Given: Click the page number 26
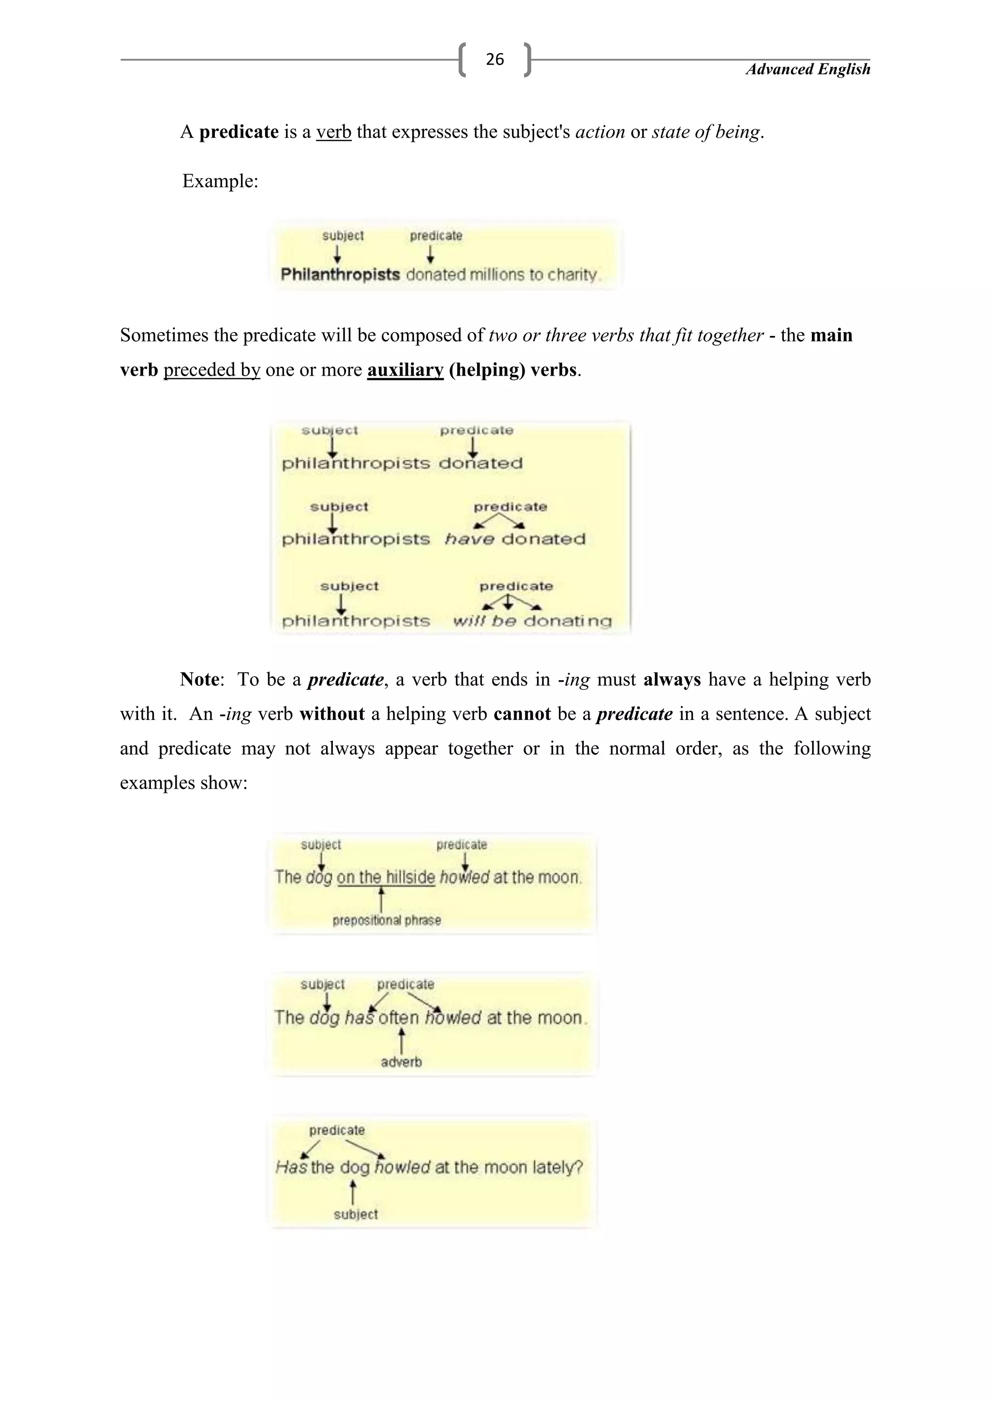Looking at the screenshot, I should (494, 59).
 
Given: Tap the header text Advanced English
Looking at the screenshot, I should (808, 70).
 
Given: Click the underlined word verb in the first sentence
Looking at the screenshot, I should (333, 132).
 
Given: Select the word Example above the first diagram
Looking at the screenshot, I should (220, 182).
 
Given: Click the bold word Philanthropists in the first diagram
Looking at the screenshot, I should (340, 275).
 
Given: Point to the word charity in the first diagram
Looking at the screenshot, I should (572, 275).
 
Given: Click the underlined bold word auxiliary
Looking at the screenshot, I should (405, 370).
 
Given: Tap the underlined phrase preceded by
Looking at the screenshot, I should (212, 370).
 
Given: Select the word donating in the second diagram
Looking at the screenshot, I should (568, 621).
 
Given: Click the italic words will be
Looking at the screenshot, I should (484, 621).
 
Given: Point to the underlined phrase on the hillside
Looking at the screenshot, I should (386, 878).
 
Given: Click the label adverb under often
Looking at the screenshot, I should (401, 1062).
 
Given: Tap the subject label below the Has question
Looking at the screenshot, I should (355, 1215).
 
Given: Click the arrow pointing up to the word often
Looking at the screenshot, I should (402, 1040).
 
